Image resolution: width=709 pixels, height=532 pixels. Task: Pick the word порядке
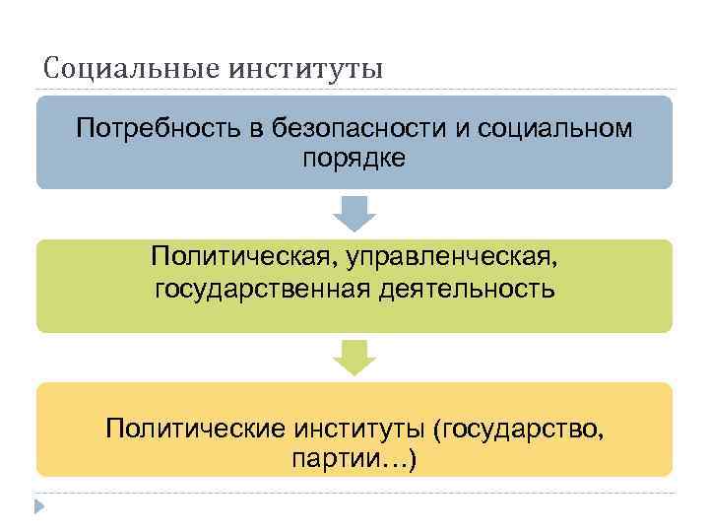(x=354, y=158)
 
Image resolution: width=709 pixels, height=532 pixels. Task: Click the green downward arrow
(x=354, y=357)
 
